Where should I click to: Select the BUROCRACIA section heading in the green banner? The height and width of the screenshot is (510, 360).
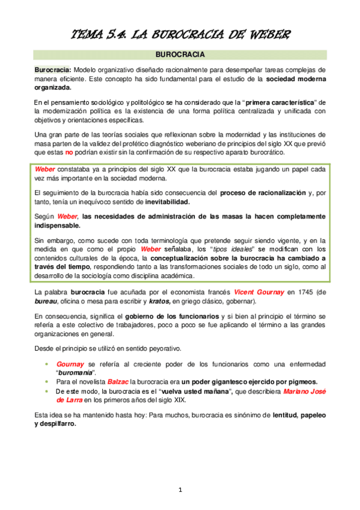(180, 54)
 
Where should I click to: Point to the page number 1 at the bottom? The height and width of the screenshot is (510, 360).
(180, 490)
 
